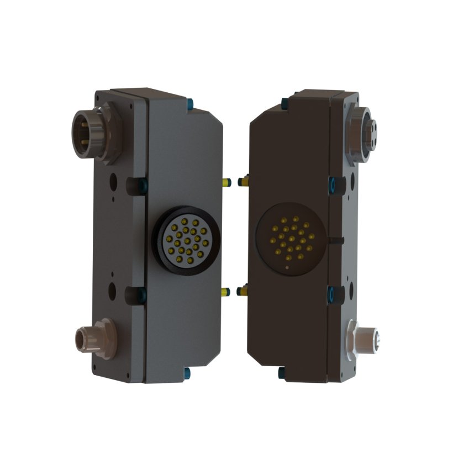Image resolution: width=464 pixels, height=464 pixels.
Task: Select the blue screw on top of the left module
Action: (x=191, y=102)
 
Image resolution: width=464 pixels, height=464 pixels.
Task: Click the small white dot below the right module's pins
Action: (x=287, y=268)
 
